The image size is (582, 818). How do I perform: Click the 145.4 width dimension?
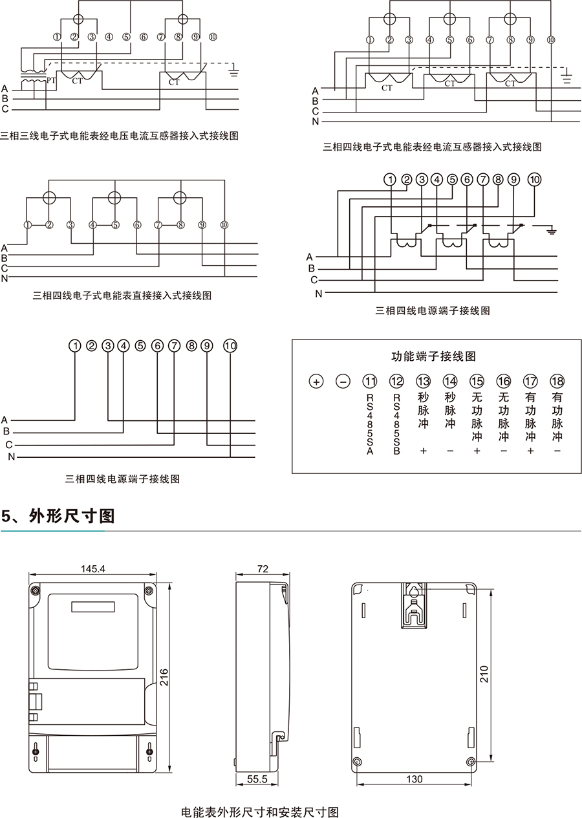coord(93,569)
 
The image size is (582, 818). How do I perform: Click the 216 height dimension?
coord(164,677)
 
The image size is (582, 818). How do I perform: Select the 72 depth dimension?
coord(263,569)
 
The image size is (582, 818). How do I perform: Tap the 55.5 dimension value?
coord(257,780)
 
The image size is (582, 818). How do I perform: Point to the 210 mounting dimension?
coord(485,674)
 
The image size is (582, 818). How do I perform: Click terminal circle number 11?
coord(370,381)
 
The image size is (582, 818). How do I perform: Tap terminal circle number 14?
coord(450,381)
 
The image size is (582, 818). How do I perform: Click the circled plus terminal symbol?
coord(316,381)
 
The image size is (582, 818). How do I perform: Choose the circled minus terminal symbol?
coord(343,381)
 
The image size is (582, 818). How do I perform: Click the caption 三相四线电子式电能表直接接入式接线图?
coord(122,296)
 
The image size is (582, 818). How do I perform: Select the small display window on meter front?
coord(93,607)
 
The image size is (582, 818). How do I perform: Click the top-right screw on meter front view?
coord(149,590)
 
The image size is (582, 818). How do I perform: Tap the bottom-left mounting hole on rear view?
coord(358,760)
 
